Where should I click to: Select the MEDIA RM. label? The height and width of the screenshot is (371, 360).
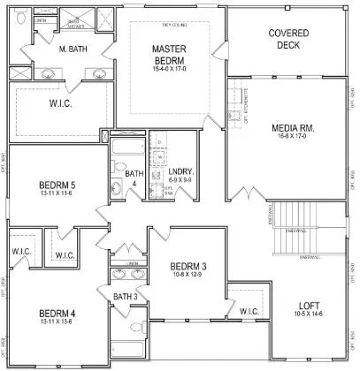[x=294, y=129]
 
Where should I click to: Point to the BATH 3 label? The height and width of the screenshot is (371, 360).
[x=125, y=296]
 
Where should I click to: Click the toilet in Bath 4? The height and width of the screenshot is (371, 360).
[x=119, y=185]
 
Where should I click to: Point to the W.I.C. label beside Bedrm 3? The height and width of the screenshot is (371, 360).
[x=249, y=311]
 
